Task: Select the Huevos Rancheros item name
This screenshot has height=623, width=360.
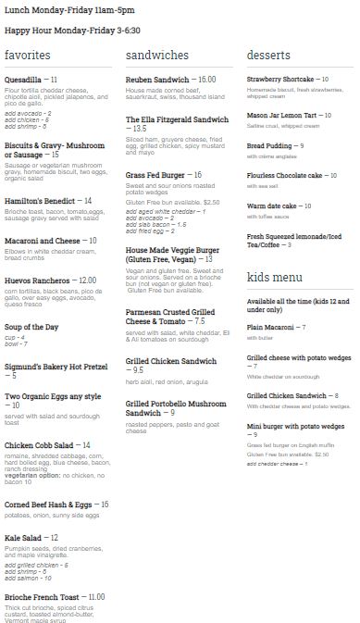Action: (37, 280)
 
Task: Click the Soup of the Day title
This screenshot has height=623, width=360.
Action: (32, 328)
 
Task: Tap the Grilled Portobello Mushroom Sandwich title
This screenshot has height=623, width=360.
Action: (175, 409)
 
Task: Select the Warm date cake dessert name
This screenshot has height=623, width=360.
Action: (270, 206)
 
